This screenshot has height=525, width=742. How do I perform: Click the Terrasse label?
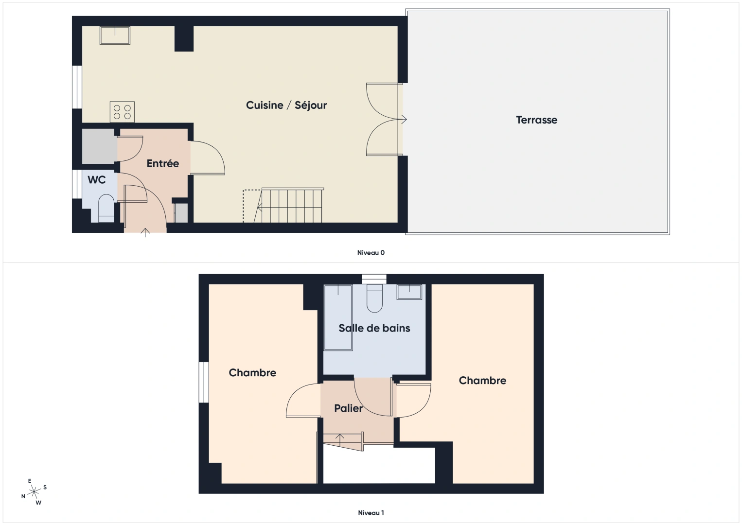536,120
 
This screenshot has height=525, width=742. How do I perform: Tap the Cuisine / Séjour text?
286,105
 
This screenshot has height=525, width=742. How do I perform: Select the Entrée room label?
162,164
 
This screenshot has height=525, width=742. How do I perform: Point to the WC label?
96,180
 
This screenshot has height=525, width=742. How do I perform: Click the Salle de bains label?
374,328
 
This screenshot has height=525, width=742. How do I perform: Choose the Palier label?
348,408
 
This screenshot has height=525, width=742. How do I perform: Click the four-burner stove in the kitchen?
122,111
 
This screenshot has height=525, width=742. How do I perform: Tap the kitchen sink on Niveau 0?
115,35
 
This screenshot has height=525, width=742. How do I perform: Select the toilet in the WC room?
106,208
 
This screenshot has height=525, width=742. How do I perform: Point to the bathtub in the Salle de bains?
338,317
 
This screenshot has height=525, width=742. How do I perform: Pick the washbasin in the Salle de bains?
409,292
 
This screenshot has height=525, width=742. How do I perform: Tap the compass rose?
34,492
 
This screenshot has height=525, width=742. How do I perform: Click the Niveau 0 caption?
371,253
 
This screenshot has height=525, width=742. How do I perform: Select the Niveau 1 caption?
371,513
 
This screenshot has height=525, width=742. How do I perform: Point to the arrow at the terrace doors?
403,120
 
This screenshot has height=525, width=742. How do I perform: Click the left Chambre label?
252,373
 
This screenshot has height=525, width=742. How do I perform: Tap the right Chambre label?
482,381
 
